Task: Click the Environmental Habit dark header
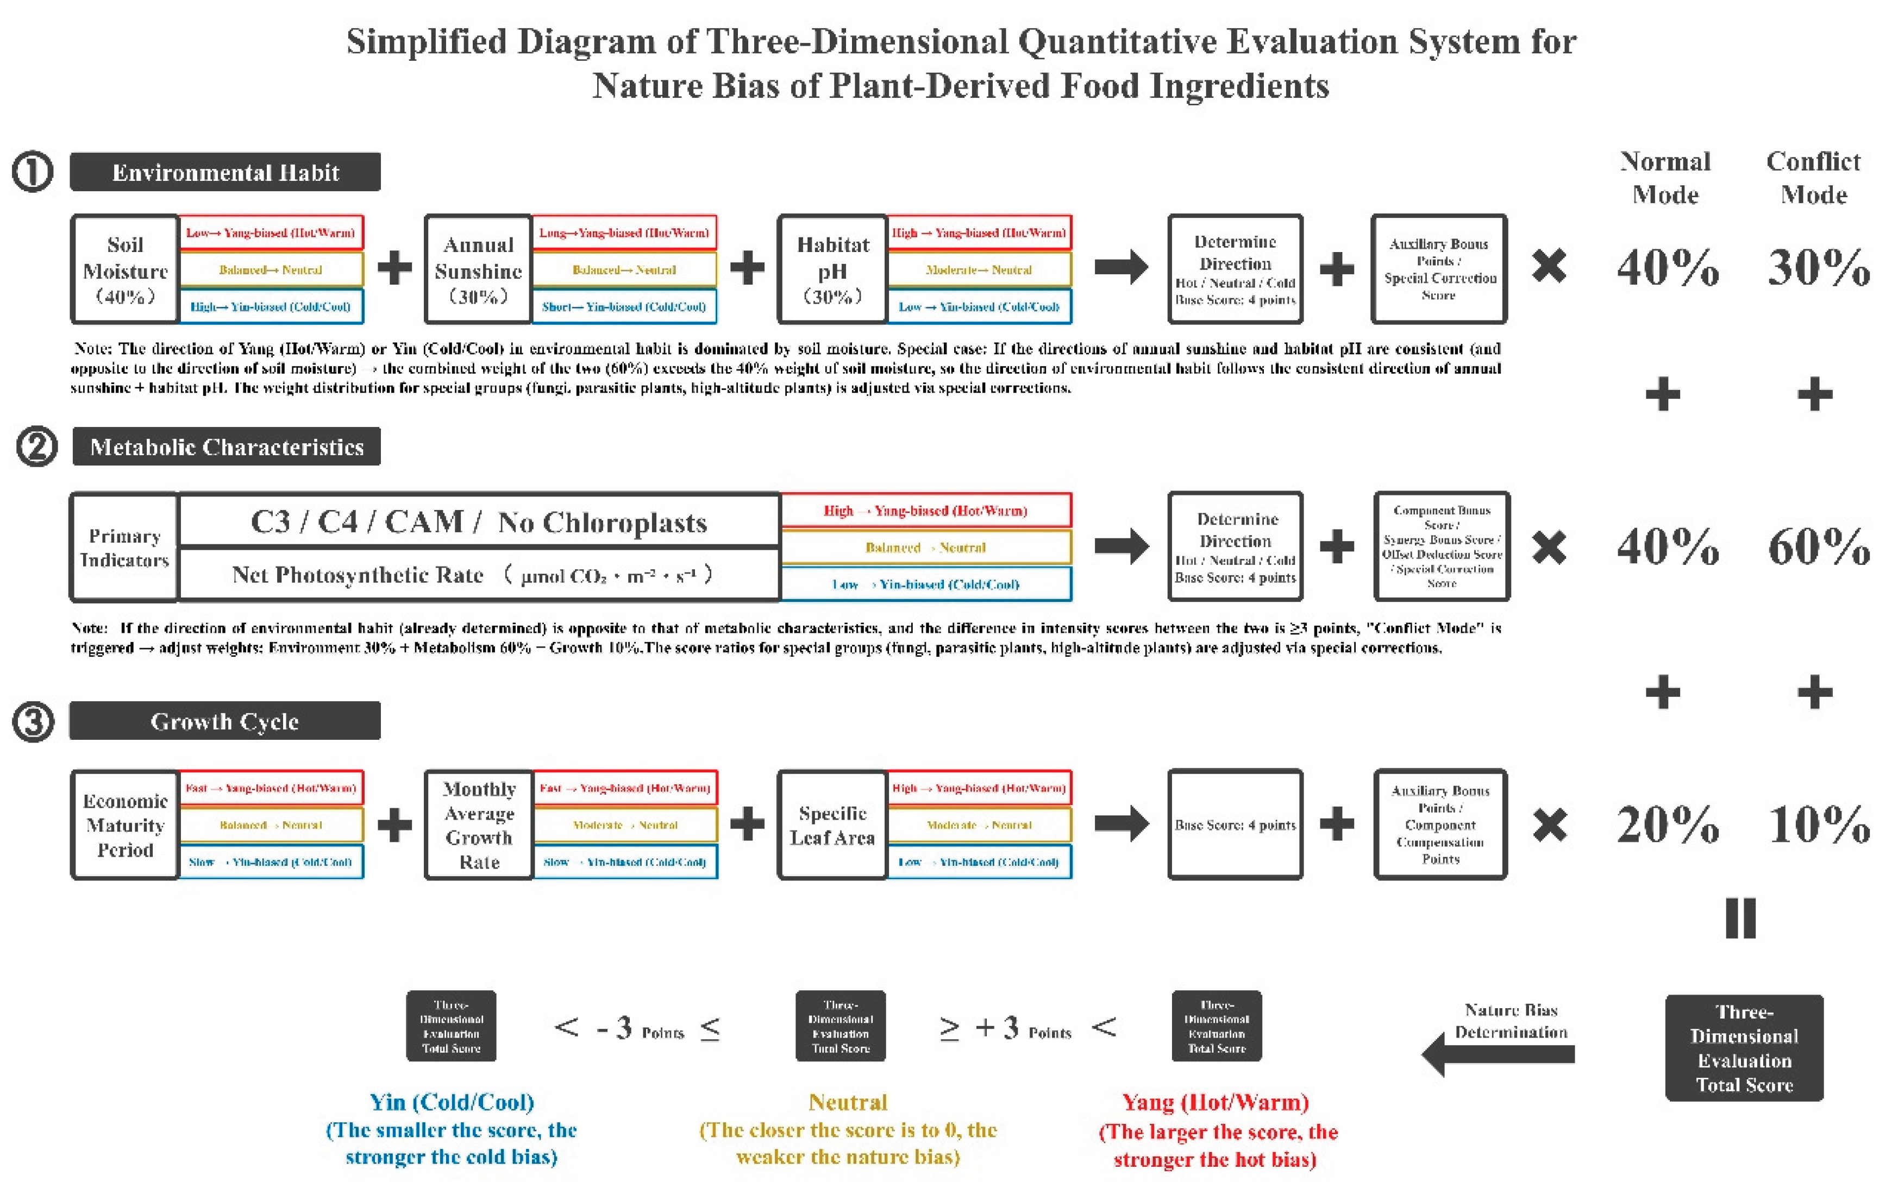(x=225, y=172)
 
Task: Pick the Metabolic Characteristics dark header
(x=227, y=447)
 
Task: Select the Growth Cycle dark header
(x=225, y=721)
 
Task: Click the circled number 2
(x=37, y=447)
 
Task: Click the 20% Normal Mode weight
(x=1668, y=824)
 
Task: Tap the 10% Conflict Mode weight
(x=1819, y=824)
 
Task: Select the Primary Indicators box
(x=124, y=547)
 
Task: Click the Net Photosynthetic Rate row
(x=479, y=575)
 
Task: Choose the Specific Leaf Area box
(x=832, y=825)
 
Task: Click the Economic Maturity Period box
(x=124, y=825)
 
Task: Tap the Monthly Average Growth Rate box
(x=479, y=825)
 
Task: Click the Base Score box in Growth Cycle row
(x=1235, y=825)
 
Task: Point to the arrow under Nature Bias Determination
(x=1497, y=1054)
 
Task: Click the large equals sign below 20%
(x=1740, y=918)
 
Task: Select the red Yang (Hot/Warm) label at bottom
(x=1215, y=1102)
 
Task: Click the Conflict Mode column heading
(x=1813, y=178)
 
